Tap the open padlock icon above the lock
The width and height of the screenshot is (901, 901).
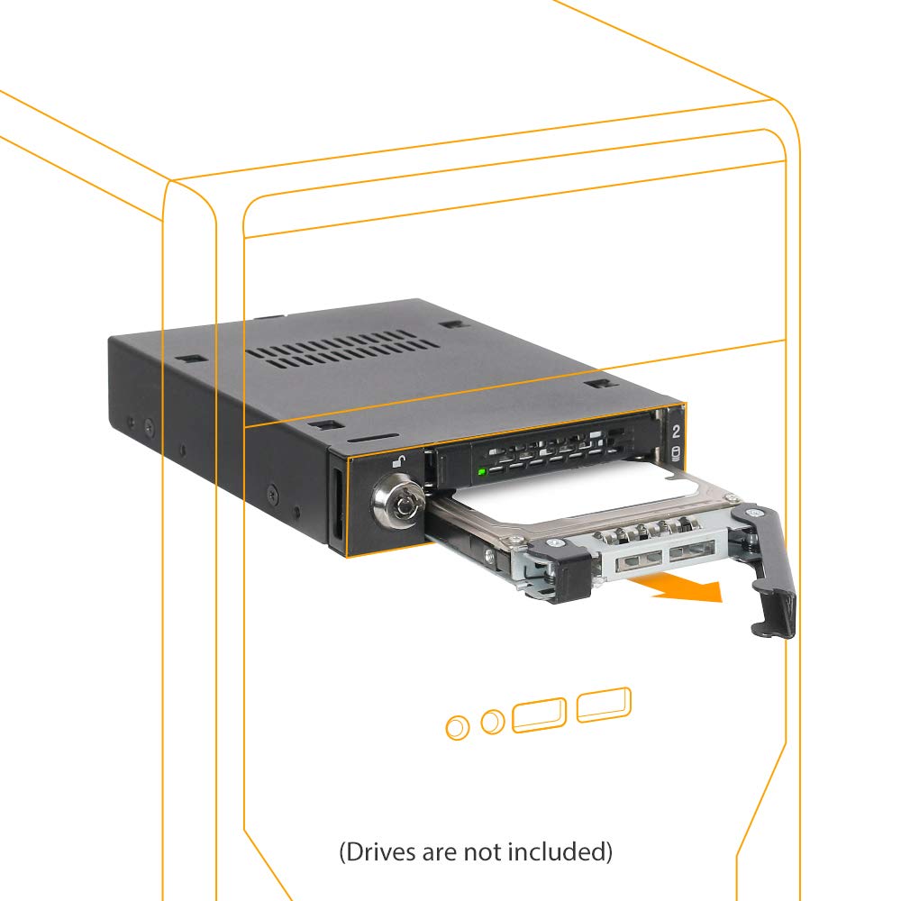pos(398,460)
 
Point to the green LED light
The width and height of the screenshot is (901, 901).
pos(481,472)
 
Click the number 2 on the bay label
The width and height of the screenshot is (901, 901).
pos(676,432)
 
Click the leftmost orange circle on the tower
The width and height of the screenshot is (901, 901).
pos(458,727)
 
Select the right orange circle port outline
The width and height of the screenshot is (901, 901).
pos(493,721)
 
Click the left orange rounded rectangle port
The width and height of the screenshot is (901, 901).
pos(539,714)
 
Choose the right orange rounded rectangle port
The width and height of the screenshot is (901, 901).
pos(604,705)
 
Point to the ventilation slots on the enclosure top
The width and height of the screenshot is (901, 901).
pos(342,349)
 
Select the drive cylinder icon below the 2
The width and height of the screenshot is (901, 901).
pos(675,454)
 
